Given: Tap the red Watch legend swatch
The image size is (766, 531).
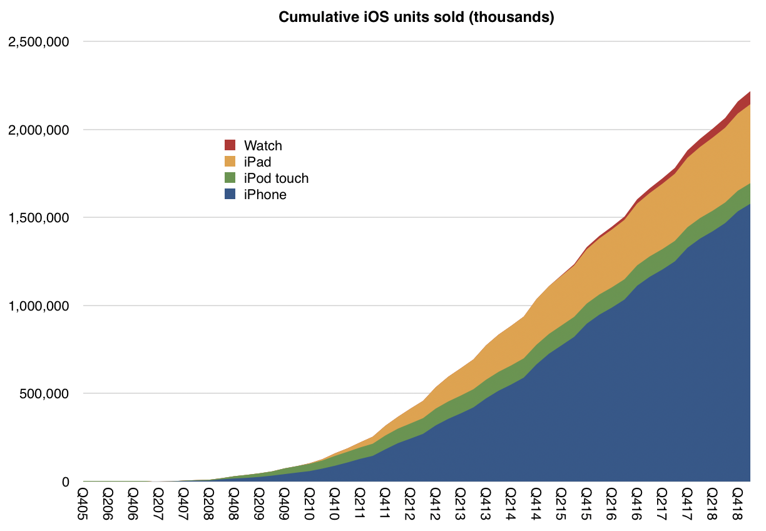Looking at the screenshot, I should click(x=230, y=145).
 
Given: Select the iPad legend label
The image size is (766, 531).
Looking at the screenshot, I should click(x=257, y=162).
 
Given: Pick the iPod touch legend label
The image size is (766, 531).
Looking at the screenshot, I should click(x=276, y=178).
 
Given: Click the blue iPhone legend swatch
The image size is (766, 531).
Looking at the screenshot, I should click(x=230, y=195).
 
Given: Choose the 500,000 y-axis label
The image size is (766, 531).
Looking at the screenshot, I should click(x=46, y=394).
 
